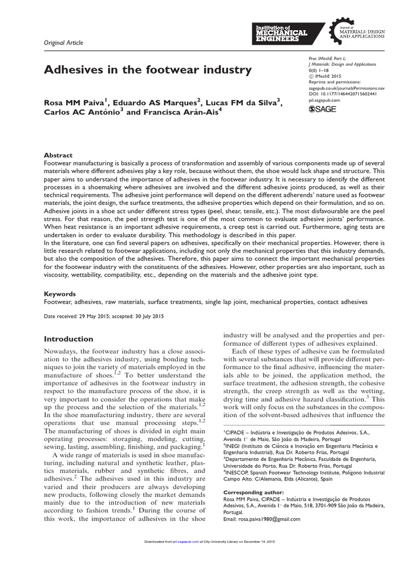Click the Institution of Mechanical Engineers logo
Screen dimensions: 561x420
pyautogui.click(x=282, y=32)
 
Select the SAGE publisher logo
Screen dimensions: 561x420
pyautogui.click(x=323, y=110)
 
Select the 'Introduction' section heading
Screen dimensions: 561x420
pyautogui.click(x=68, y=339)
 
